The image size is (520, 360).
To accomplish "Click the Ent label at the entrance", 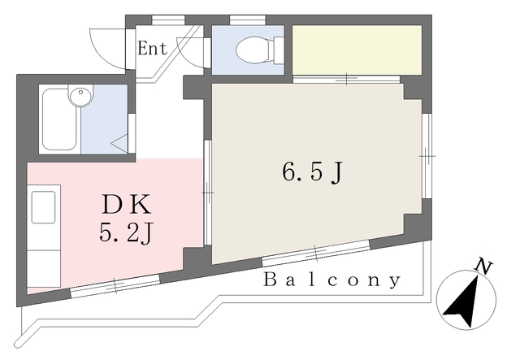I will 152,48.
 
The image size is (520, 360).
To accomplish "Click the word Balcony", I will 332,281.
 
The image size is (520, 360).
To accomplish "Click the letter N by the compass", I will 485,266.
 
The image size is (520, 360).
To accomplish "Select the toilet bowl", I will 253,51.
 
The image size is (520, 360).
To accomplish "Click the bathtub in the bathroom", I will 58,119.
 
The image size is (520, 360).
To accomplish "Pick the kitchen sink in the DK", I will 45,206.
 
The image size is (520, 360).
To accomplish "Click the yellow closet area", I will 357,50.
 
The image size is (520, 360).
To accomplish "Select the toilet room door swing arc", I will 193,50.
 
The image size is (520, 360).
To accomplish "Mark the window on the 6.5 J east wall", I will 426,154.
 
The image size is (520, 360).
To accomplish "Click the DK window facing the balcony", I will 114,284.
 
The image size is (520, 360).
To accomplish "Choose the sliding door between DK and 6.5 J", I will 208,193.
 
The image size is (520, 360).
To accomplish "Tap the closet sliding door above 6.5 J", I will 347,79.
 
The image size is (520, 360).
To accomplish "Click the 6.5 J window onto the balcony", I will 316,253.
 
